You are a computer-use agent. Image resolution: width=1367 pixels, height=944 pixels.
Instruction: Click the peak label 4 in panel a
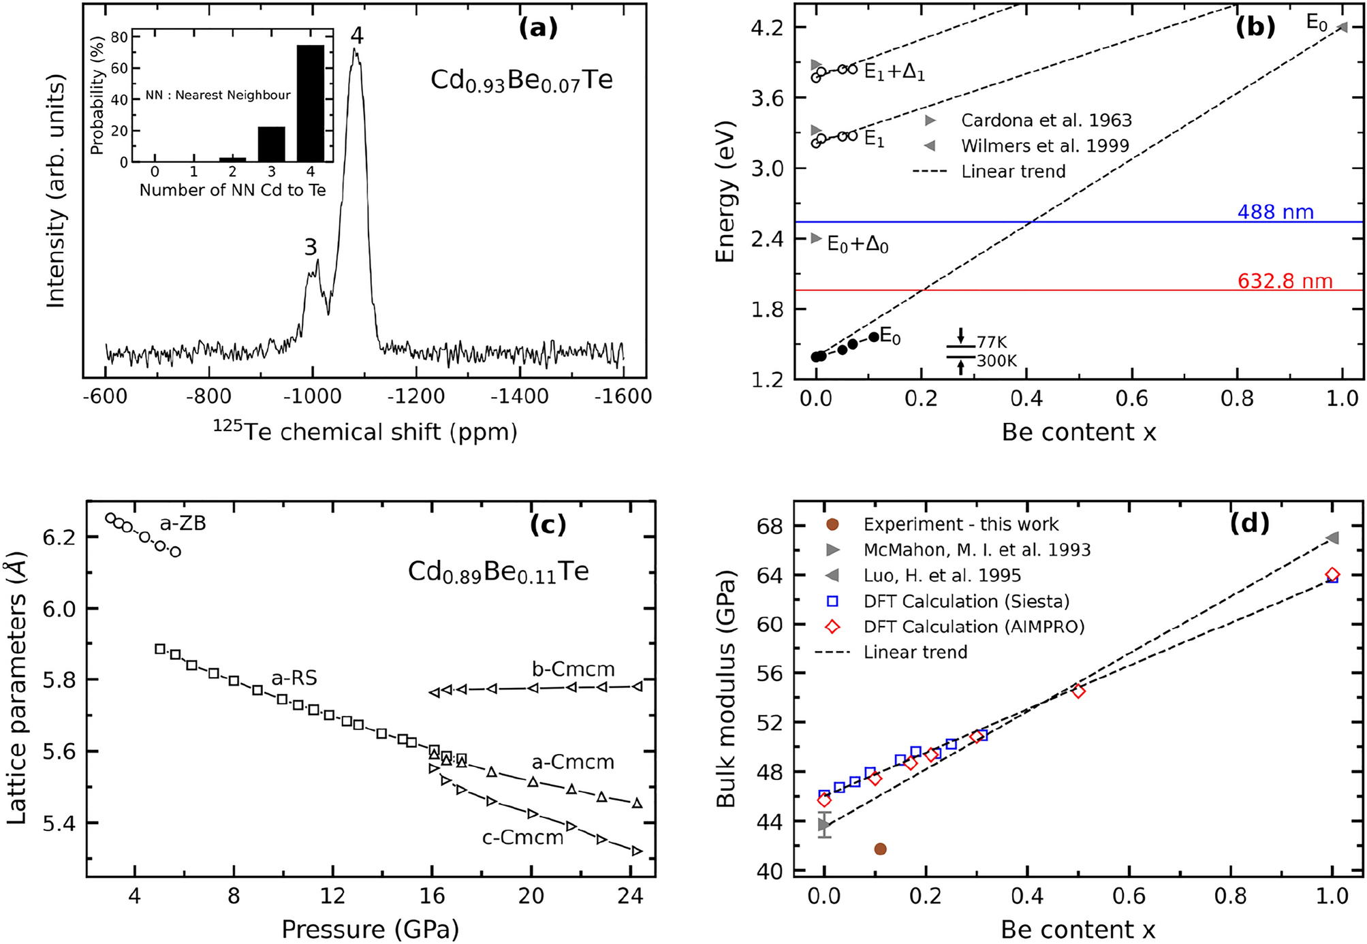coord(357,35)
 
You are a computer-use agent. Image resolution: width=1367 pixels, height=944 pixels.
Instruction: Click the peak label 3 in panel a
coord(311,247)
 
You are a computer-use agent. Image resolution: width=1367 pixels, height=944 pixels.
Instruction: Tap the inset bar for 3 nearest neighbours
coord(271,144)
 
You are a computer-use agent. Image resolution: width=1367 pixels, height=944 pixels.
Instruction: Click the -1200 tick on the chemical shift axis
coord(416,396)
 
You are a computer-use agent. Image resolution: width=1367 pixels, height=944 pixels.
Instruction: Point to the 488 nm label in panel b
coord(1275,212)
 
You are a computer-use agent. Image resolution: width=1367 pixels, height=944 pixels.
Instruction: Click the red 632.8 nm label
coord(1285,281)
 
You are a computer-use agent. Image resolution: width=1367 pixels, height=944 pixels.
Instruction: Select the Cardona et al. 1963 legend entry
coord(1046,121)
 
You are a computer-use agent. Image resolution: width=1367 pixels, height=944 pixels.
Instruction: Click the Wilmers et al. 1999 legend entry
coord(1045,146)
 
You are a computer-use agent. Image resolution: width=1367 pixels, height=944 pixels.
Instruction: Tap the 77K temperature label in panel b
coord(991,342)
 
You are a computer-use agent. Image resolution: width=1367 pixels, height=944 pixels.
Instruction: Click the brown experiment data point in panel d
coord(880,849)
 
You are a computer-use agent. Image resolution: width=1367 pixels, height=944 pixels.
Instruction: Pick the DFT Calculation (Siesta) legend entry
coord(966,601)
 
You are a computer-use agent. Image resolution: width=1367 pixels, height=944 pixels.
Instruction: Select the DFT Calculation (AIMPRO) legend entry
coord(973,627)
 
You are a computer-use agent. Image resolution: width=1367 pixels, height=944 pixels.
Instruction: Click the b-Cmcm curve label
coord(573,670)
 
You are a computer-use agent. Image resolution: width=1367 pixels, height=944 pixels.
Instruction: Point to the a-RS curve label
coord(294,678)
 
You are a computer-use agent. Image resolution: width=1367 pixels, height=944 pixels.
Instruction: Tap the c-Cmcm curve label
coord(522,838)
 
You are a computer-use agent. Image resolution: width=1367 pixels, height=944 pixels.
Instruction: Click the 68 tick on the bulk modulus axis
coord(771,526)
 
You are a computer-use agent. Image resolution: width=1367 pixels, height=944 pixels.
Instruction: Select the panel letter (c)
coord(548,524)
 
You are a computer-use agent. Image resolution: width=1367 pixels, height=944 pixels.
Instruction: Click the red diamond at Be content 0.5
coord(1078,691)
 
